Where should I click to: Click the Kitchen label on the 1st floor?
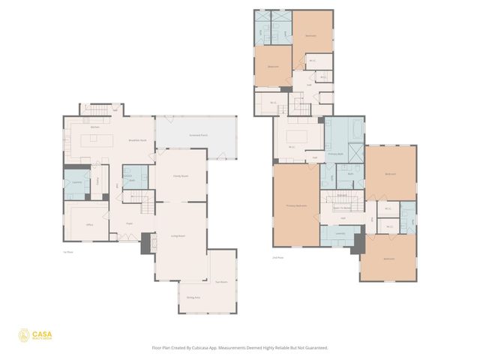95,127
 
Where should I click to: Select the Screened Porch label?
199,135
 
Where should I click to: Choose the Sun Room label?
221,282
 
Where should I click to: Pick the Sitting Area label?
192,298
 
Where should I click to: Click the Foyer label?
129,223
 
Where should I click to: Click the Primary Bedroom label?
295,206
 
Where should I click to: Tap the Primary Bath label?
334,153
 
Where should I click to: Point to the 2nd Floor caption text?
277,257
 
